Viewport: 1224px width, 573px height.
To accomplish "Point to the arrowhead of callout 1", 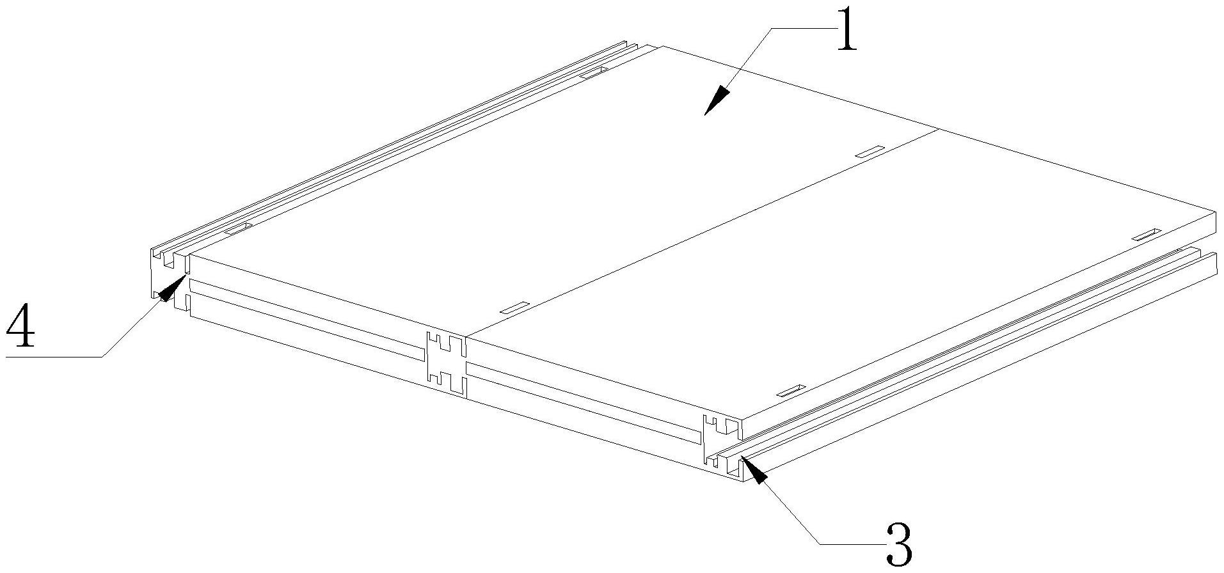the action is click(x=717, y=100).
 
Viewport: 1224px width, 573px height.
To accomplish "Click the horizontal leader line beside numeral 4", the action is click(x=54, y=356).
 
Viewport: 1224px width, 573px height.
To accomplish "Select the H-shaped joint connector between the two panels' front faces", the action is click(x=446, y=366).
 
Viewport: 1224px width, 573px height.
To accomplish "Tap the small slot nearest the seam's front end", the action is click(x=514, y=307).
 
